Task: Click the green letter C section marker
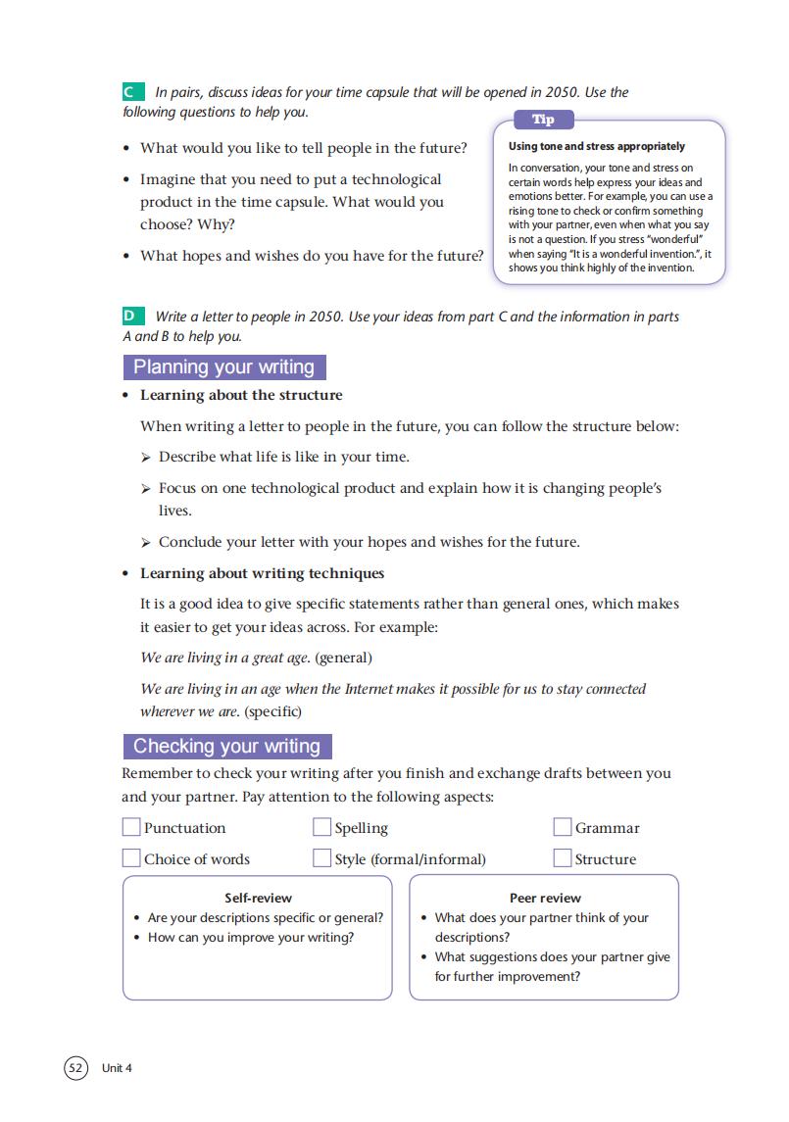coord(131,92)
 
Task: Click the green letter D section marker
coord(131,317)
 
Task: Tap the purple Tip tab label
coord(543,120)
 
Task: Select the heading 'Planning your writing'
coord(223,367)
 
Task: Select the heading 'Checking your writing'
coord(226,746)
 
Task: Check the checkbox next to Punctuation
coord(131,828)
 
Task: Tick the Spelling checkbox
coord(321,828)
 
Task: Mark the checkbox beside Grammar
coord(563,828)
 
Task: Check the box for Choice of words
coord(131,858)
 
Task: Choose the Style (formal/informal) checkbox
coord(321,858)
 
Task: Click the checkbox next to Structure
coord(563,858)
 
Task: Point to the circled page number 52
coord(75,1067)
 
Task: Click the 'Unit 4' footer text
coord(116,1068)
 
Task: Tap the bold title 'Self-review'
coord(258,898)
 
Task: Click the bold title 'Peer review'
coord(545,898)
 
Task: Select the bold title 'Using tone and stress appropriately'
coord(597,146)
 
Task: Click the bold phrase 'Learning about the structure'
coord(241,395)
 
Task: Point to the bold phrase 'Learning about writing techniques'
coord(262,573)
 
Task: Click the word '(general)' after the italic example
coord(343,657)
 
